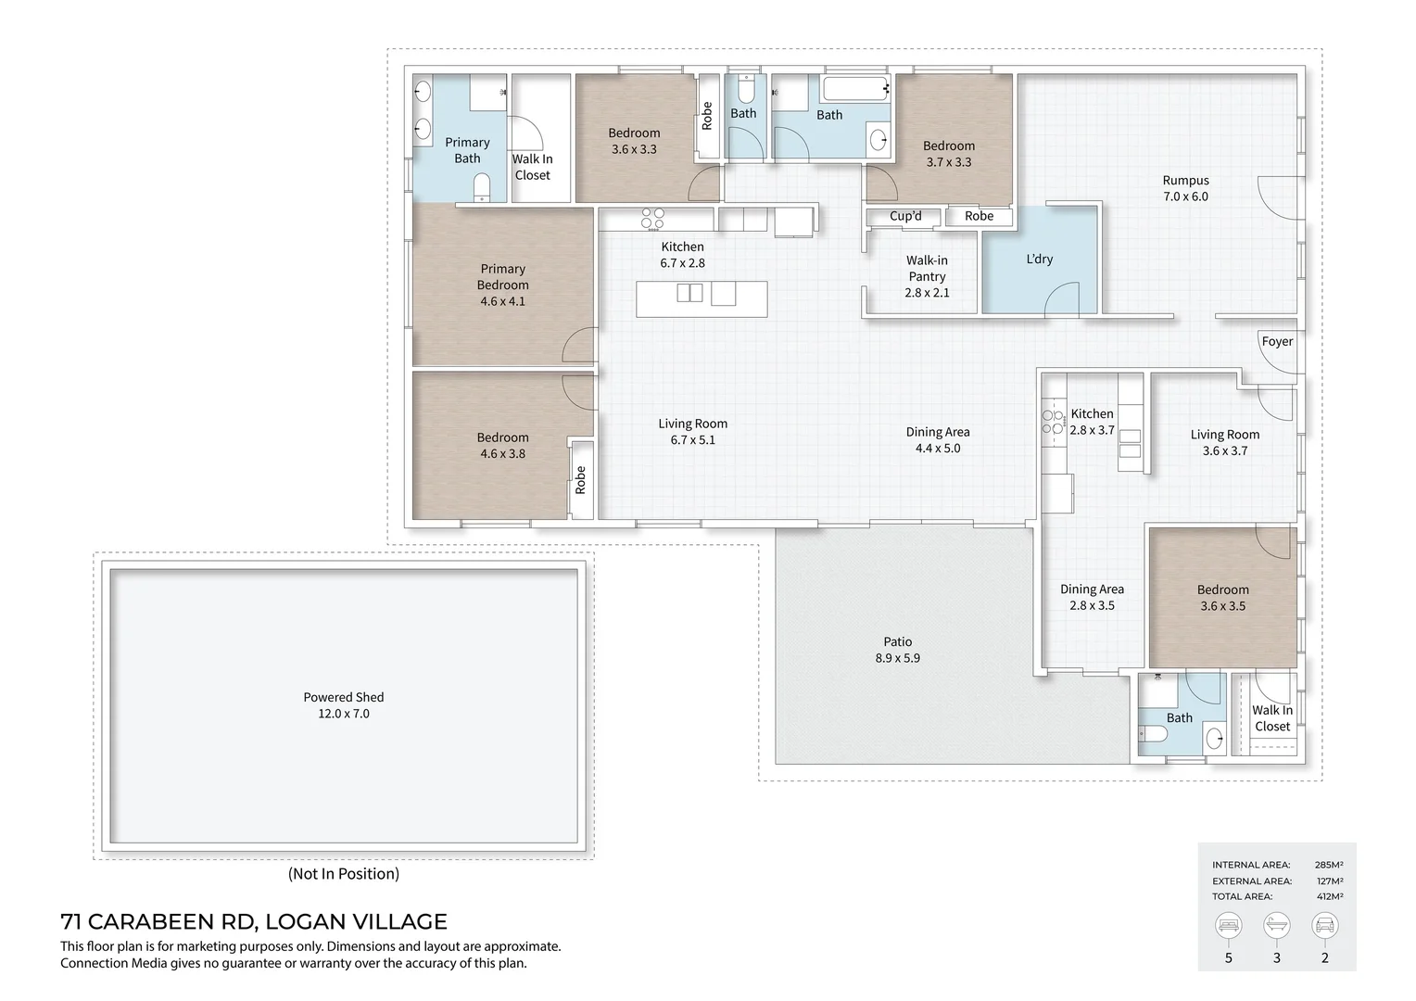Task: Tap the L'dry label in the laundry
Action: (1039, 260)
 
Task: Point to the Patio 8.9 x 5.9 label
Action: (897, 650)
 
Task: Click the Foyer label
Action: (1276, 342)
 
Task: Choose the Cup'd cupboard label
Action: (905, 217)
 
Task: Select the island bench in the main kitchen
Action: (702, 298)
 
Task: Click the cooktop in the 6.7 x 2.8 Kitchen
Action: (653, 219)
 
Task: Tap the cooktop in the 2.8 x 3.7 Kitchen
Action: (1053, 422)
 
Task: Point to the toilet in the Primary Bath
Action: (481, 190)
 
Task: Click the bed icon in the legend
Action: (1229, 925)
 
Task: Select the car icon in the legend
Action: (1324, 925)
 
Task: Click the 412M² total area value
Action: (1329, 897)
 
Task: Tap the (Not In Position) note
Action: (343, 874)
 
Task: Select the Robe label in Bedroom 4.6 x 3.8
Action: (581, 480)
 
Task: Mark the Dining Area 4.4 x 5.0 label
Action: (938, 440)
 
